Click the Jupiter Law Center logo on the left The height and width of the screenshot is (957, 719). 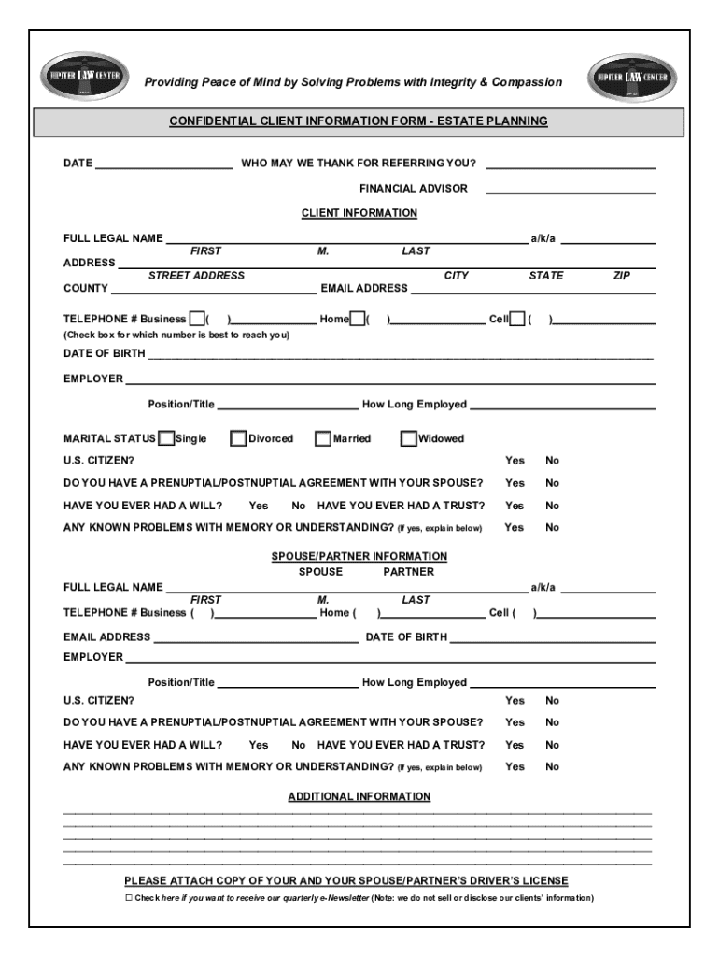pyautogui.click(x=84, y=77)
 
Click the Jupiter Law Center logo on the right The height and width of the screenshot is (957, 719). pyautogui.click(x=634, y=77)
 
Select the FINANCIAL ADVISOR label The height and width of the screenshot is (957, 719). pyautogui.click(x=414, y=189)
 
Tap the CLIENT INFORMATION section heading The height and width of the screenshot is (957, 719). pyautogui.click(x=359, y=213)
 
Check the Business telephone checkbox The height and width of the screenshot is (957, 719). pyautogui.click(x=197, y=320)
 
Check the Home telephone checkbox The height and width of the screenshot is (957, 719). pyautogui.click(x=358, y=320)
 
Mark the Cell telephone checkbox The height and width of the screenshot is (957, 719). pyautogui.click(x=517, y=320)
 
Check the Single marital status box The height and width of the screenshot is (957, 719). pyautogui.click(x=166, y=438)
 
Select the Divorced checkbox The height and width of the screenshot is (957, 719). pyautogui.click(x=238, y=438)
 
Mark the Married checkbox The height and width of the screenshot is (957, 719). pyautogui.click(x=323, y=438)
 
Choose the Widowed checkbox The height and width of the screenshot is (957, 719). pyautogui.click(x=408, y=438)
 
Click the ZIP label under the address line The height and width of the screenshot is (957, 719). pyautogui.click(x=622, y=276)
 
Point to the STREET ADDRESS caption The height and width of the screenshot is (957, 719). pyautogui.click(x=196, y=276)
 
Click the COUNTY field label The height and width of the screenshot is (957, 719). pyautogui.click(x=85, y=289)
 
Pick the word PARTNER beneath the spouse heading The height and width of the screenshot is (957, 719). pyautogui.click(x=408, y=572)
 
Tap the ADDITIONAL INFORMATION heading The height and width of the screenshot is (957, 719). pyautogui.click(x=359, y=797)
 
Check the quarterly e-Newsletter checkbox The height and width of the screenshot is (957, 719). pyautogui.click(x=129, y=898)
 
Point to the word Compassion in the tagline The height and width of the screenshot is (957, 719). pyautogui.click(x=528, y=82)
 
